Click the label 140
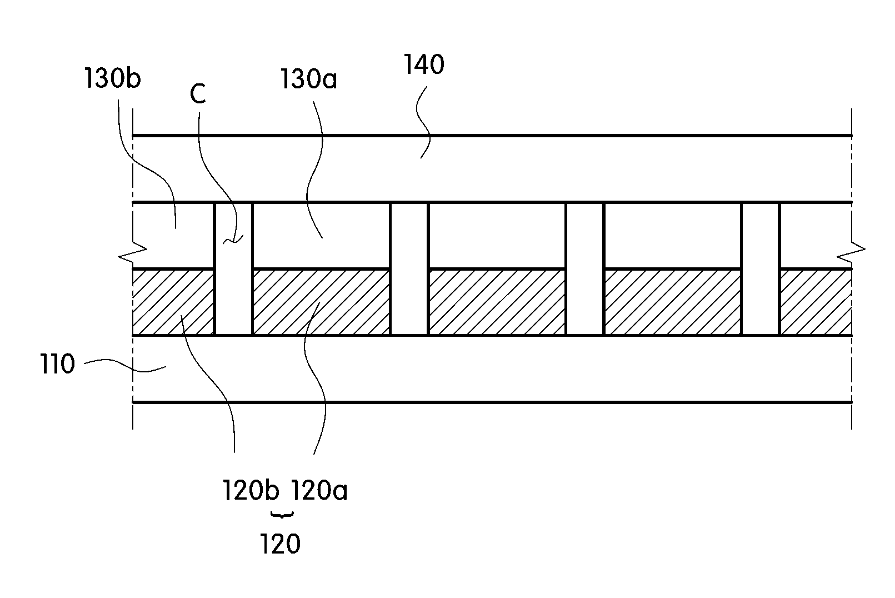[424, 64]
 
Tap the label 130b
[112, 78]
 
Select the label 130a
[308, 79]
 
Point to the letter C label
[198, 94]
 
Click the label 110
[58, 364]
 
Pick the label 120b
[251, 490]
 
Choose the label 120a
[319, 490]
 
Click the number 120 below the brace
[280, 544]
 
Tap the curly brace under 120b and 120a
[282, 516]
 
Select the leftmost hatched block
[173, 302]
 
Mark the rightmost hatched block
[816, 302]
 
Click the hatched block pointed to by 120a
[321, 302]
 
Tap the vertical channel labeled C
[234, 268]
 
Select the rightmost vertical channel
[761, 268]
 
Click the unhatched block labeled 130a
[321, 236]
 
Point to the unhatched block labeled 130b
[173, 236]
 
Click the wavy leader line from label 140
[423, 122]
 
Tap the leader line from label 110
[125, 365]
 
